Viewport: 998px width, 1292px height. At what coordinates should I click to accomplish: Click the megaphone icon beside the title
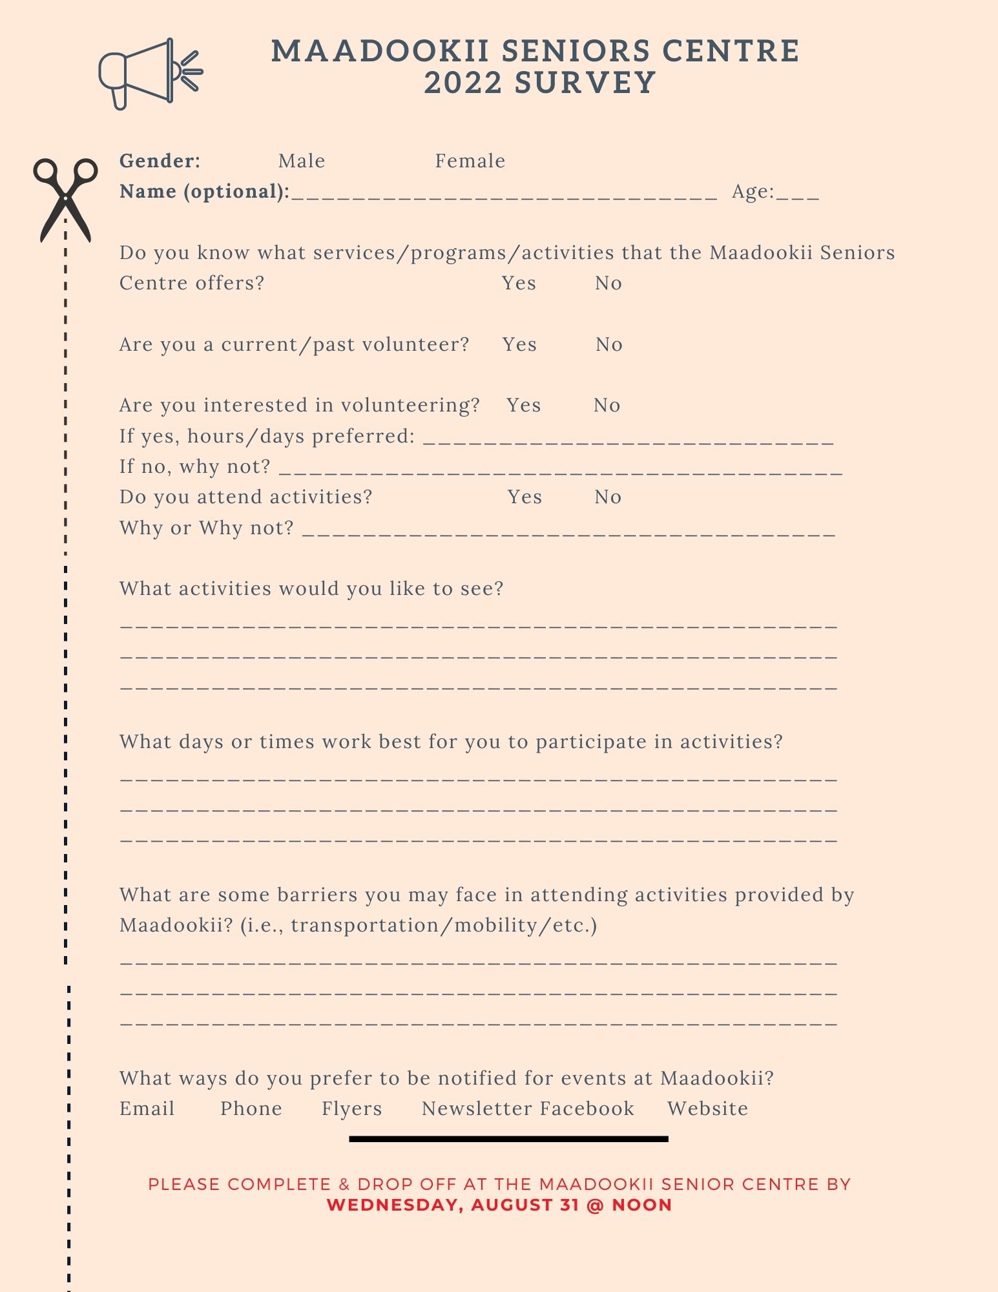[x=150, y=73]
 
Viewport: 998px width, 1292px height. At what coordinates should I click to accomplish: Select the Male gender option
[x=302, y=161]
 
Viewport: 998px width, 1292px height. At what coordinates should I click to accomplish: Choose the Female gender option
[x=470, y=161]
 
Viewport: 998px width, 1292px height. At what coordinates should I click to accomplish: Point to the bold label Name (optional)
[x=204, y=191]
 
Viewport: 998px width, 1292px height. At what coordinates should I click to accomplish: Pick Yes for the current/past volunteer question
[x=519, y=344]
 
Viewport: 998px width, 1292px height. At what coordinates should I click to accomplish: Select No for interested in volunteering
[x=607, y=405]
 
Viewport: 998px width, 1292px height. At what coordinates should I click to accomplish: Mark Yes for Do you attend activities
[x=524, y=497]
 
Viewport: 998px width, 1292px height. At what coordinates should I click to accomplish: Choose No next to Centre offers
[x=608, y=283]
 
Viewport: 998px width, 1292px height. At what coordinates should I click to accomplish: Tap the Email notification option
[x=147, y=1109]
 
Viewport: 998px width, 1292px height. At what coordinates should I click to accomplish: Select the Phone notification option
[x=251, y=1109]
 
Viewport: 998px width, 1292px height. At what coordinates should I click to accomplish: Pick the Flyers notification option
[x=351, y=1109]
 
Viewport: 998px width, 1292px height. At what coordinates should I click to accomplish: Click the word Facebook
[x=587, y=1109]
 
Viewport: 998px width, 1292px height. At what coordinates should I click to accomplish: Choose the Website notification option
[x=707, y=1109]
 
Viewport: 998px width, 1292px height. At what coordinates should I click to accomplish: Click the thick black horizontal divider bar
[x=508, y=1139]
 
